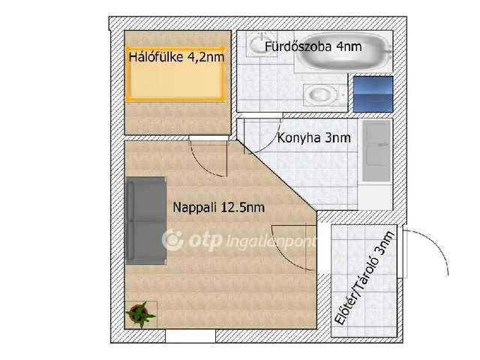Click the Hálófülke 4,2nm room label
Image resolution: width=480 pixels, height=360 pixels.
176,57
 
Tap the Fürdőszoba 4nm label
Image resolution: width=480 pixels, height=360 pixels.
313,46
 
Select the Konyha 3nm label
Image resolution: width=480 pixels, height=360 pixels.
313,138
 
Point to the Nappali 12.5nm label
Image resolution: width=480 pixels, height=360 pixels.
218,208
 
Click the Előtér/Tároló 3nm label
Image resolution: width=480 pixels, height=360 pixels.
364,278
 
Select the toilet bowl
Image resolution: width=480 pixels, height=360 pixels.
325,95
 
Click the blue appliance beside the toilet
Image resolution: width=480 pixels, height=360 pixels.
373,94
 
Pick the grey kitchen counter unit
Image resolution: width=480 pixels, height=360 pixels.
376,151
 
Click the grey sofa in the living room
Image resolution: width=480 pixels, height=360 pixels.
145,220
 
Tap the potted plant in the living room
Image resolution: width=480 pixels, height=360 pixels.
140,314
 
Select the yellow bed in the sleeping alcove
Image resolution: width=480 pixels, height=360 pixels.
175,73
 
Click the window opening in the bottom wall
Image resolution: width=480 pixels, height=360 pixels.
190,336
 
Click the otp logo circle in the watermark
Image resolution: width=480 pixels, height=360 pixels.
172,240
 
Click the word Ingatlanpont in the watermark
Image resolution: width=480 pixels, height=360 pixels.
271,241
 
